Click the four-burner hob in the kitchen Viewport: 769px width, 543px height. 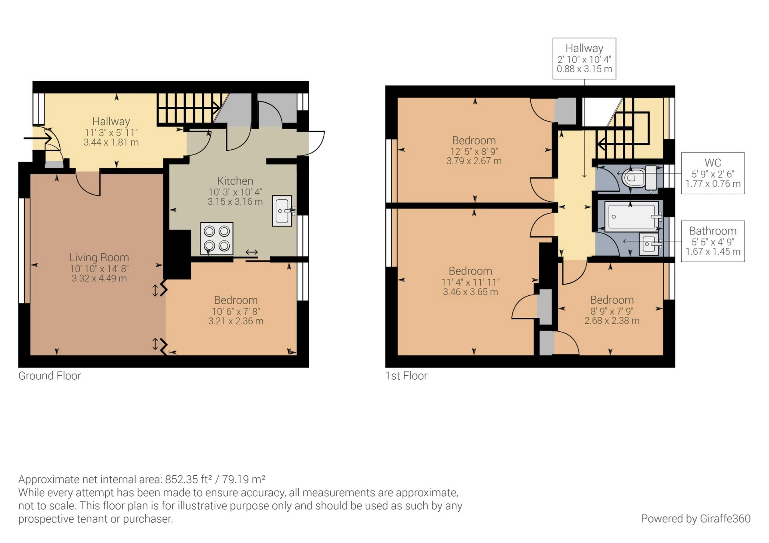[216, 238]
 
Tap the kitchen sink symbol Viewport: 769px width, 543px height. [282, 210]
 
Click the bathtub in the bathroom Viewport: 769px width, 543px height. [631, 216]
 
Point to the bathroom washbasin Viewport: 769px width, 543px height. [649, 244]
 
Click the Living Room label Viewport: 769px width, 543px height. [99, 257]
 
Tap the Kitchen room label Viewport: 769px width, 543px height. [235, 180]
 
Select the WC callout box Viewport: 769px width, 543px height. [713, 173]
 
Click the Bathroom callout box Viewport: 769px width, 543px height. [713, 241]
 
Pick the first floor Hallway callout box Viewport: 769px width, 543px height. [584, 58]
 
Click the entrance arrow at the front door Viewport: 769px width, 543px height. [38, 138]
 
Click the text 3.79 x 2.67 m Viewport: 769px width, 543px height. [473, 161]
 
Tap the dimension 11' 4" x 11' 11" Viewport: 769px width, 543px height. [470, 282]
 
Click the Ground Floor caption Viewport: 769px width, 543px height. [50, 376]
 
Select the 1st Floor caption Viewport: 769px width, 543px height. [406, 376]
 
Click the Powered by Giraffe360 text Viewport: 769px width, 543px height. [695, 519]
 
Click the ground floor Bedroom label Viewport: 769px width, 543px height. [236, 300]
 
